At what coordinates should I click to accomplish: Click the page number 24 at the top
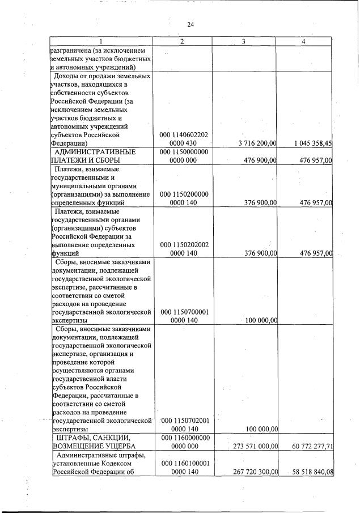point(190,24)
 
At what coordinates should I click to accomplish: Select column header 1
point(100,41)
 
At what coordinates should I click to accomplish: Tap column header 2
point(182,41)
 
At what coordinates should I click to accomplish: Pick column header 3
point(243,41)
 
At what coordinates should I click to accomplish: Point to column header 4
point(305,41)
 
